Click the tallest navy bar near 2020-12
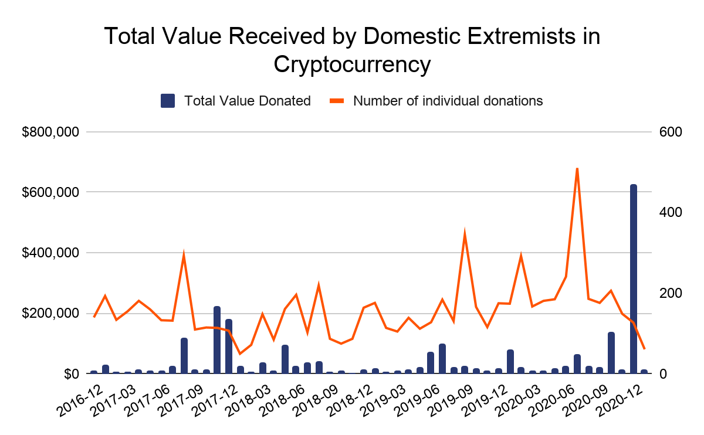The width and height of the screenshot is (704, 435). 633,279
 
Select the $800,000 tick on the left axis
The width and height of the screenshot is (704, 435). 50,132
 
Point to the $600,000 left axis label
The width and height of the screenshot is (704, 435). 50,192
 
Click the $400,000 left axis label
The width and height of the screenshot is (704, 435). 50,253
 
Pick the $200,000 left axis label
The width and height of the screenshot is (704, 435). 50,314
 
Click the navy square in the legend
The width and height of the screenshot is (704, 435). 168,101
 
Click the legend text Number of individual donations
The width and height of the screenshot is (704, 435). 448,101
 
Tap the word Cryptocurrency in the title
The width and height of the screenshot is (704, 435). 352,64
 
